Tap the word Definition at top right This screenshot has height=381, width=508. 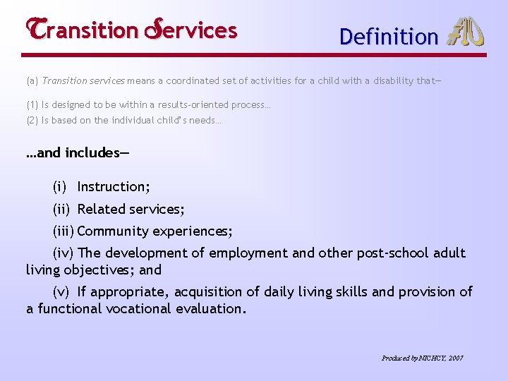389,37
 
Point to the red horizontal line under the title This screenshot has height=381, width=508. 254,55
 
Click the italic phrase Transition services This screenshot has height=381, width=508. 78,80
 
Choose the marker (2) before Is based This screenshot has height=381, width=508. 32,121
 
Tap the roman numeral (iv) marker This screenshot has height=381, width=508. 63,253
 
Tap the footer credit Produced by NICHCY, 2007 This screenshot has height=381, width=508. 422,358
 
